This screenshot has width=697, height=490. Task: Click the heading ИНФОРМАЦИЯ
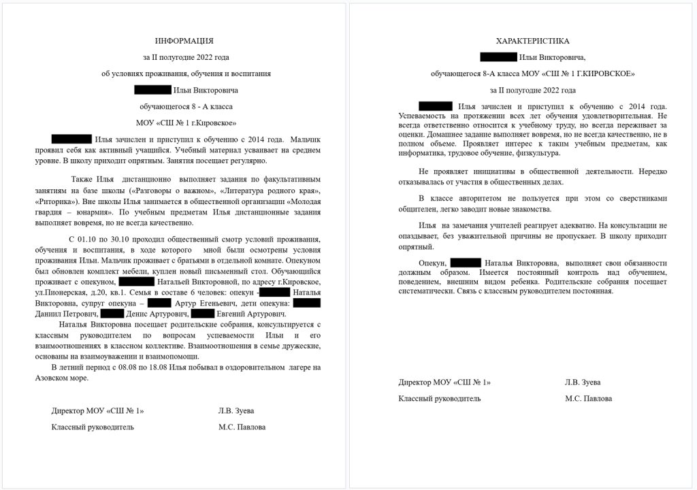coord(184,41)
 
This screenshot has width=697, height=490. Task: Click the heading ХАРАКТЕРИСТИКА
coord(533,41)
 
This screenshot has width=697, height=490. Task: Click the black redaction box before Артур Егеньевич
coord(159,303)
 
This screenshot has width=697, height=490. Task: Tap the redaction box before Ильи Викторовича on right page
coord(498,57)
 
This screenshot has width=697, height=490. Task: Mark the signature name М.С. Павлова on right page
coord(588,398)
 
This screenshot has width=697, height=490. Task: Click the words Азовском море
coord(59,378)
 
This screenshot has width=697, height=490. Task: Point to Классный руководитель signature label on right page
coord(440,398)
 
